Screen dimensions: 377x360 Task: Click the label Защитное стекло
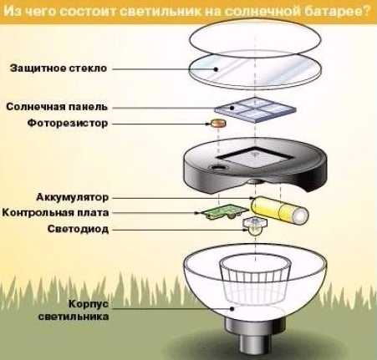[x=59, y=68]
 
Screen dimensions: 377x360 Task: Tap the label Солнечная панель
[x=57, y=107]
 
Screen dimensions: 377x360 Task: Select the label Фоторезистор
[x=68, y=123]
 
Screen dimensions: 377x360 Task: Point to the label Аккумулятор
[x=72, y=197]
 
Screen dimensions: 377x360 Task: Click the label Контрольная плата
[x=55, y=213]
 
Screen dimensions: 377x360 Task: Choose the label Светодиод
[x=78, y=229]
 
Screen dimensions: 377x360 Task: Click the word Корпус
[x=89, y=304]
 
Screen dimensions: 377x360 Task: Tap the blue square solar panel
[x=255, y=109]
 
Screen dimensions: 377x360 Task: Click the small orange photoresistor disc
[x=218, y=123]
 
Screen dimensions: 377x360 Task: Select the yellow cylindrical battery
[x=279, y=210]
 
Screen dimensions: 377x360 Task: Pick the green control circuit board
[x=225, y=211]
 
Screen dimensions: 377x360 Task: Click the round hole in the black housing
[x=218, y=168]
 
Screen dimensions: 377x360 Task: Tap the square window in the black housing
[x=255, y=158]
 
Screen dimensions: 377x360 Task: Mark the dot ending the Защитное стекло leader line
[x=216, y=69]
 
